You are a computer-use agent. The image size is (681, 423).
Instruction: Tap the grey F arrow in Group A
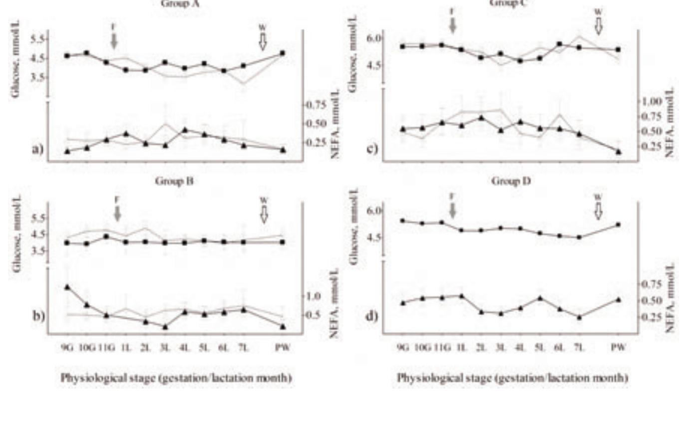(114, 41)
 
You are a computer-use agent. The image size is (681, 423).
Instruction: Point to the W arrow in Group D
(598, 211)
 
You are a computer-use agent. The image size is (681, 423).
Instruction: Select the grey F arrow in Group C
(453, 24)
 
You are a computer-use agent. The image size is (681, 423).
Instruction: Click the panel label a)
(38, 149)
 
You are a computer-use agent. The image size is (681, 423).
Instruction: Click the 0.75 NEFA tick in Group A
(318, 105)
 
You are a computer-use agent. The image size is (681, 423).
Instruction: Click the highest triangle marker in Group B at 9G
(67, 287)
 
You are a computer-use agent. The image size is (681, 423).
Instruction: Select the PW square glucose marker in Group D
(618, 224)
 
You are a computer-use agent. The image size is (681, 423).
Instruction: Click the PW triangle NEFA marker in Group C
(618, 152)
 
